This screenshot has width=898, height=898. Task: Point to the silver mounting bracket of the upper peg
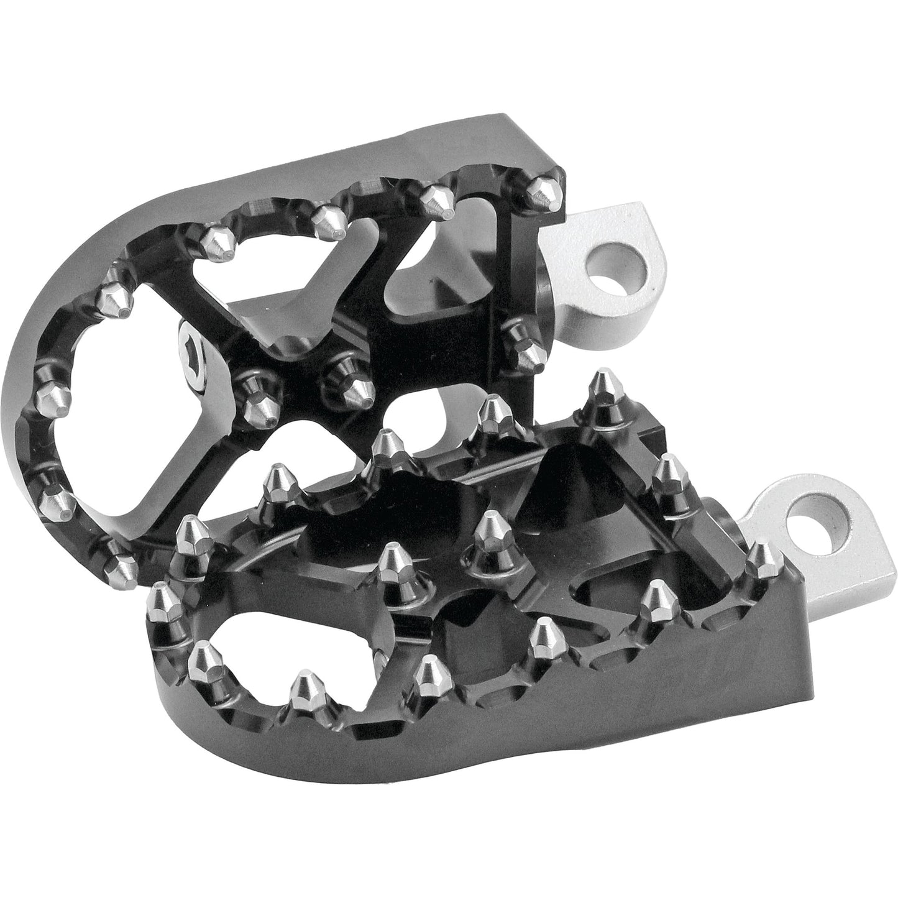pos(597,261)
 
